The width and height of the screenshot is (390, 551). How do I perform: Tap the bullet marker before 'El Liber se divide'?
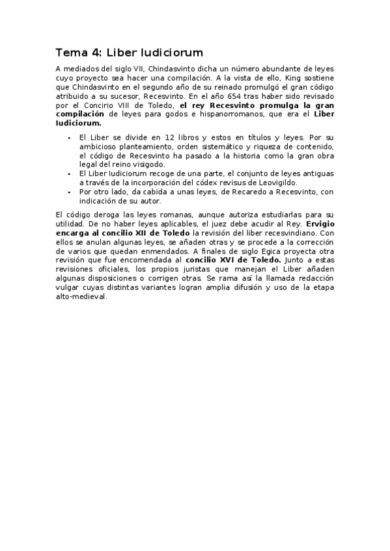coord(70,138)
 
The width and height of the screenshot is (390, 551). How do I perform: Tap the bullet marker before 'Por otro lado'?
coord(70,192)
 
